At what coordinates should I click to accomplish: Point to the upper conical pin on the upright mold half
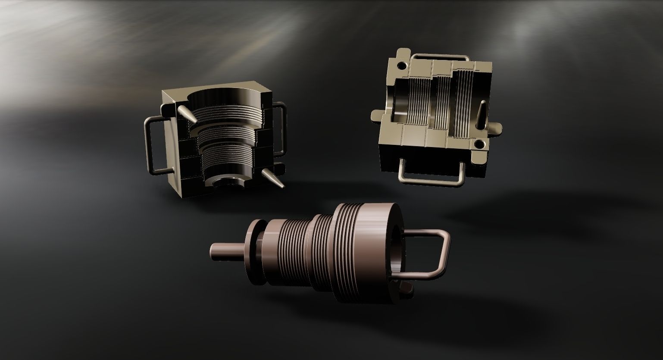tap(186, 113)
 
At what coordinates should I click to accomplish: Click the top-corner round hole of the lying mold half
tap(402, 66)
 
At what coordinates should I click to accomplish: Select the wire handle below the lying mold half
tap(431, 177)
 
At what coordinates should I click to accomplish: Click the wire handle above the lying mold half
tap(440, 57)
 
